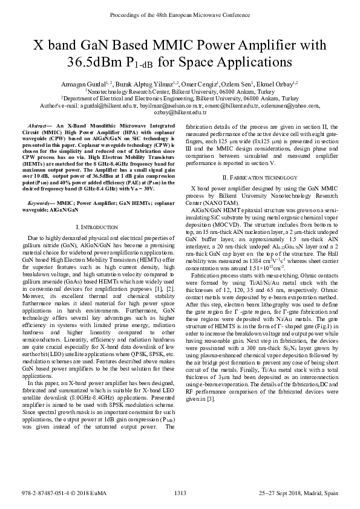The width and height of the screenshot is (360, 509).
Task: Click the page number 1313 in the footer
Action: point(180,493)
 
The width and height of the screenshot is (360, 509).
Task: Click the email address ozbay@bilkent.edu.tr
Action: point(180,112)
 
